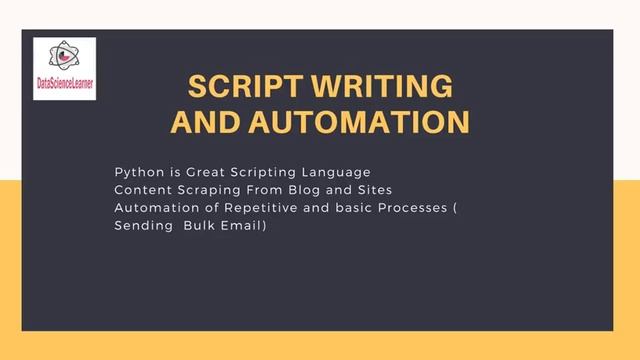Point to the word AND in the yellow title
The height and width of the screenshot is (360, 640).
[205, 122]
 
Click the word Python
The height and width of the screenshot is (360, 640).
[136, 172]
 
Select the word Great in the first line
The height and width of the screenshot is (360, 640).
[199, 172]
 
